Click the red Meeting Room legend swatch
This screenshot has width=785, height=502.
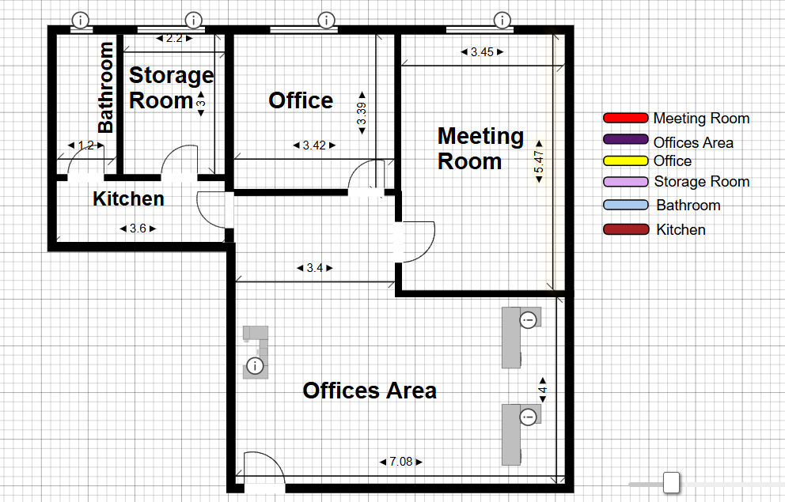pos(625,118)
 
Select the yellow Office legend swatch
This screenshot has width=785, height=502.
pos(625,161)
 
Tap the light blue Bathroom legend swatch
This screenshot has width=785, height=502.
pos(625,205)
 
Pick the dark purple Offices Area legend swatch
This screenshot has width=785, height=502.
pos(625,139)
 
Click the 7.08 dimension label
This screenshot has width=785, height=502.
pos(401,462)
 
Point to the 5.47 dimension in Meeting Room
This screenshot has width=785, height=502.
pos(539,161)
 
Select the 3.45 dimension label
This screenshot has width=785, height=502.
pos(482,52)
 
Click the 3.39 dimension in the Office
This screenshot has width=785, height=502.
pos(362,113)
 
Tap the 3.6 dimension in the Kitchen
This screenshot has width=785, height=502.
pos(138,228)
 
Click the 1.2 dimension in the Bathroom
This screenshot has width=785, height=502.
pos(86,145)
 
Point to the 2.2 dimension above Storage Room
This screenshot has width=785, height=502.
pos(174,38)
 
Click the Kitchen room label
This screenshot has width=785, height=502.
pos(129,199)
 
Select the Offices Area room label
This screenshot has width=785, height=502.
pos(370,391)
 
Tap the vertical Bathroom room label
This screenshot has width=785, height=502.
pos(105,88)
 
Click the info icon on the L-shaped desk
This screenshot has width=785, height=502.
pos(255,366)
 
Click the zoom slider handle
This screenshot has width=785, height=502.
pos(671,482)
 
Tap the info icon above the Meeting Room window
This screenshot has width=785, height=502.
pos(502,21)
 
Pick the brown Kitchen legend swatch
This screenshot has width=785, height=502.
pos(625,229)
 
